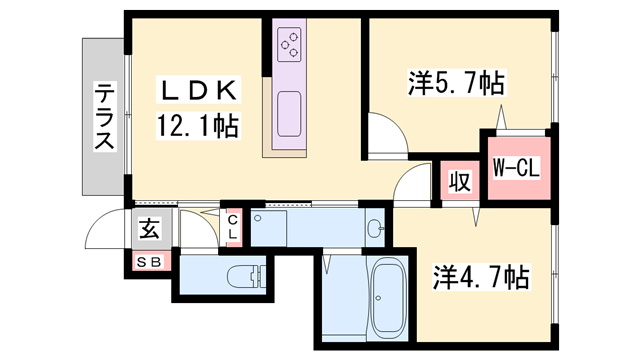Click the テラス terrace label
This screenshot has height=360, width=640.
click(103, 117)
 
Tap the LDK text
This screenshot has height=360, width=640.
click(198, 92)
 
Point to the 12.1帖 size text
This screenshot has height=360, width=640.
click(197, 127)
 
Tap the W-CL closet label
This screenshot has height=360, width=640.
click(516, 167)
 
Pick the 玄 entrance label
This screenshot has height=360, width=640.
click(149, 228)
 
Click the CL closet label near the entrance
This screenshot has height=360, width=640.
click(232, 227)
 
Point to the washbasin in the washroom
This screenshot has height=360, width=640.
click(374, 229)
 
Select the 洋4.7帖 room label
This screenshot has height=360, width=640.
click(481, 275)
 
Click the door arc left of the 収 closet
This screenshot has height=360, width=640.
click(411, 182)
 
